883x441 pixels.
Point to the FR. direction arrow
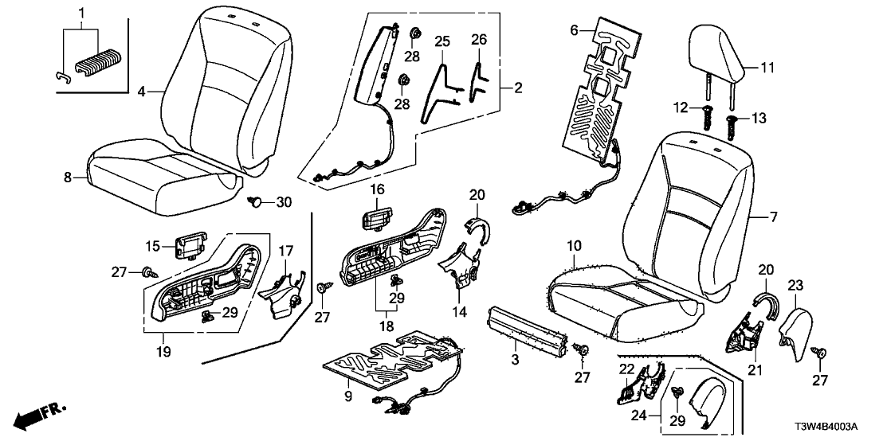pyautogui.click(x=40, y=415)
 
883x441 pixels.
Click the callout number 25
pyautogui.click(x=443, y=40)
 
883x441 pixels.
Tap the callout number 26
pyautogui.click(x=477, y=40)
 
